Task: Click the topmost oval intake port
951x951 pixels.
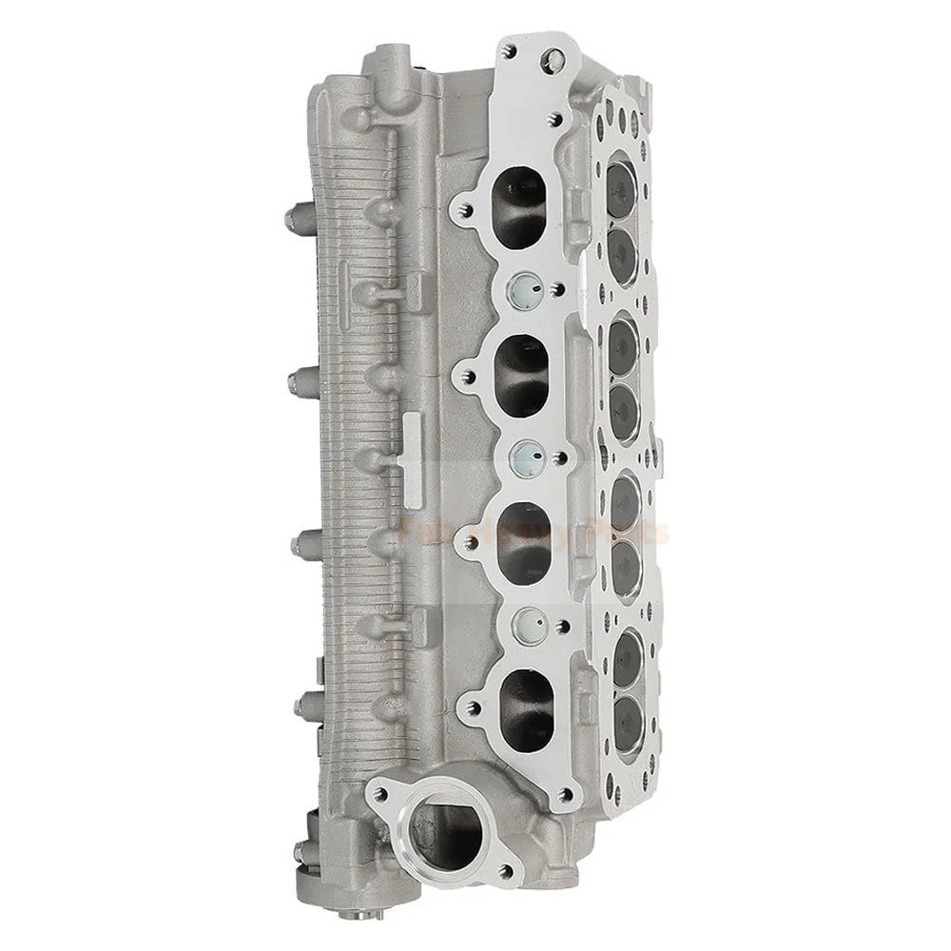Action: click(521, 206)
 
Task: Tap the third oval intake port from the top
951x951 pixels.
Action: click(524, 542)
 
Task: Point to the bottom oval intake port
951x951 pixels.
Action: click(526, 708)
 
